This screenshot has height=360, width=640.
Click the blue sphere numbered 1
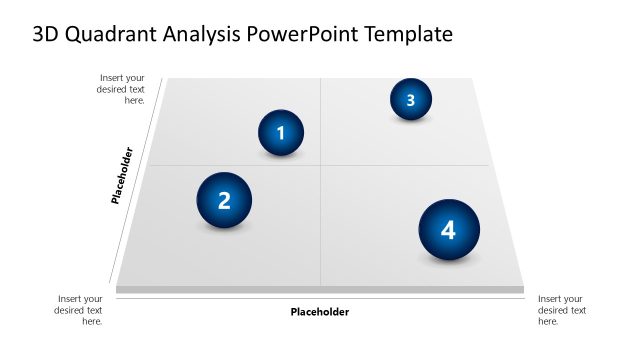click(x=281, y=133)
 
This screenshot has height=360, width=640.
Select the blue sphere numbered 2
click(x=224, y=200)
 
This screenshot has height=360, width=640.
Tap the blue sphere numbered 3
click(x=410, y=99)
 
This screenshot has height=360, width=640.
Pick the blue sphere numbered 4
click(x=448, y=230)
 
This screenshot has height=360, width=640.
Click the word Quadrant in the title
click(x=112, y=34)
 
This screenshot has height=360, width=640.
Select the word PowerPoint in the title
click(x=310, y=34)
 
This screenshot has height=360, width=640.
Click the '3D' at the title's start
click(x=46, y=34)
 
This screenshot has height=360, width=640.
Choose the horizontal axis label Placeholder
click(x=320, y=312)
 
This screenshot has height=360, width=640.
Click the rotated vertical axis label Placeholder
click(x=122, y=176)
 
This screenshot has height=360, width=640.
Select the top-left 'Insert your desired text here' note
click(x=122, y=89)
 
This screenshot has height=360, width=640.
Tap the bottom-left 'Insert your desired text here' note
click(x=79, y=310)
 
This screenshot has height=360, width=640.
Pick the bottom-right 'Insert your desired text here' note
click(x=562, y=310)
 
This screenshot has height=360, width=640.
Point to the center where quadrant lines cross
click(x=320, y=165)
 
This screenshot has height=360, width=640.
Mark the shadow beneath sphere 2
click(x=226, y=229)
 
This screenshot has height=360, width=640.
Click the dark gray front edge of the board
click(x=320, y=290)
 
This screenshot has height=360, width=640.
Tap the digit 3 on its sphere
click(x=410, y=99)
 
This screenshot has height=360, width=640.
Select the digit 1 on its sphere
click(x=281, y=133)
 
